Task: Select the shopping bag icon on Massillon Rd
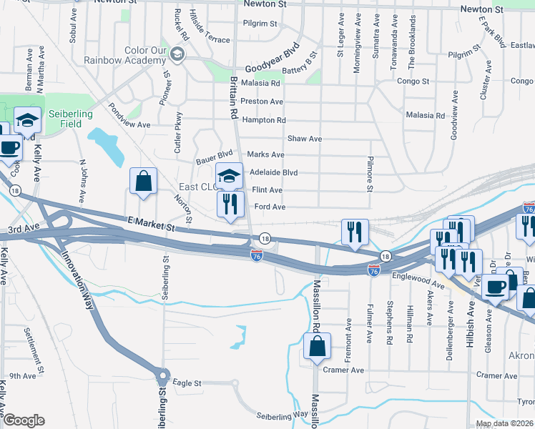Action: [317, 347]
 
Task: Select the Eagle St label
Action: [187, 383]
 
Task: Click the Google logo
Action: [24, 420]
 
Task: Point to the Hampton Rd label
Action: [264, 120]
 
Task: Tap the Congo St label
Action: [413, 82]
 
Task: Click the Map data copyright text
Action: [504, 423]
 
